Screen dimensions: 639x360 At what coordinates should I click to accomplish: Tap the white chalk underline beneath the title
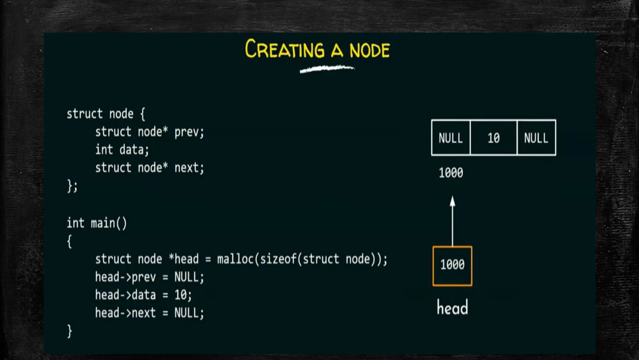coord(327,69)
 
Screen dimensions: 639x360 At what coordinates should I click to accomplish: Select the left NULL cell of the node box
coord(451,138)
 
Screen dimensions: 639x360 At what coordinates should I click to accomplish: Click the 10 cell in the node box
coord(493,138)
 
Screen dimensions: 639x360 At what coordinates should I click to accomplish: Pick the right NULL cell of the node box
coord(536,138)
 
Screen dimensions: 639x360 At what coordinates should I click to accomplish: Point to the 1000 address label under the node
coord(451,173)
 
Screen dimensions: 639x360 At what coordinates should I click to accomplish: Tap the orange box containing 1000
coord(452,266)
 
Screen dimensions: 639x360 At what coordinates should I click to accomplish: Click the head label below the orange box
coord(452,308)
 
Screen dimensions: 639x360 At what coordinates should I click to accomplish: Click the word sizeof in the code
coord(278,259)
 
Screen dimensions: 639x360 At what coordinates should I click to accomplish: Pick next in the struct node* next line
coord(186,168)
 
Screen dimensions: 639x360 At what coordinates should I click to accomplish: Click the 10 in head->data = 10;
coord(180,295)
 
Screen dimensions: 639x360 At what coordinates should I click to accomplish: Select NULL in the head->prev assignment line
coord(186,277)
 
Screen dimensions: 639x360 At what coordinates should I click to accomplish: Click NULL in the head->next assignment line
coord(186,313)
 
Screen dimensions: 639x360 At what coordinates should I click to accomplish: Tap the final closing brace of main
coord(70,331)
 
